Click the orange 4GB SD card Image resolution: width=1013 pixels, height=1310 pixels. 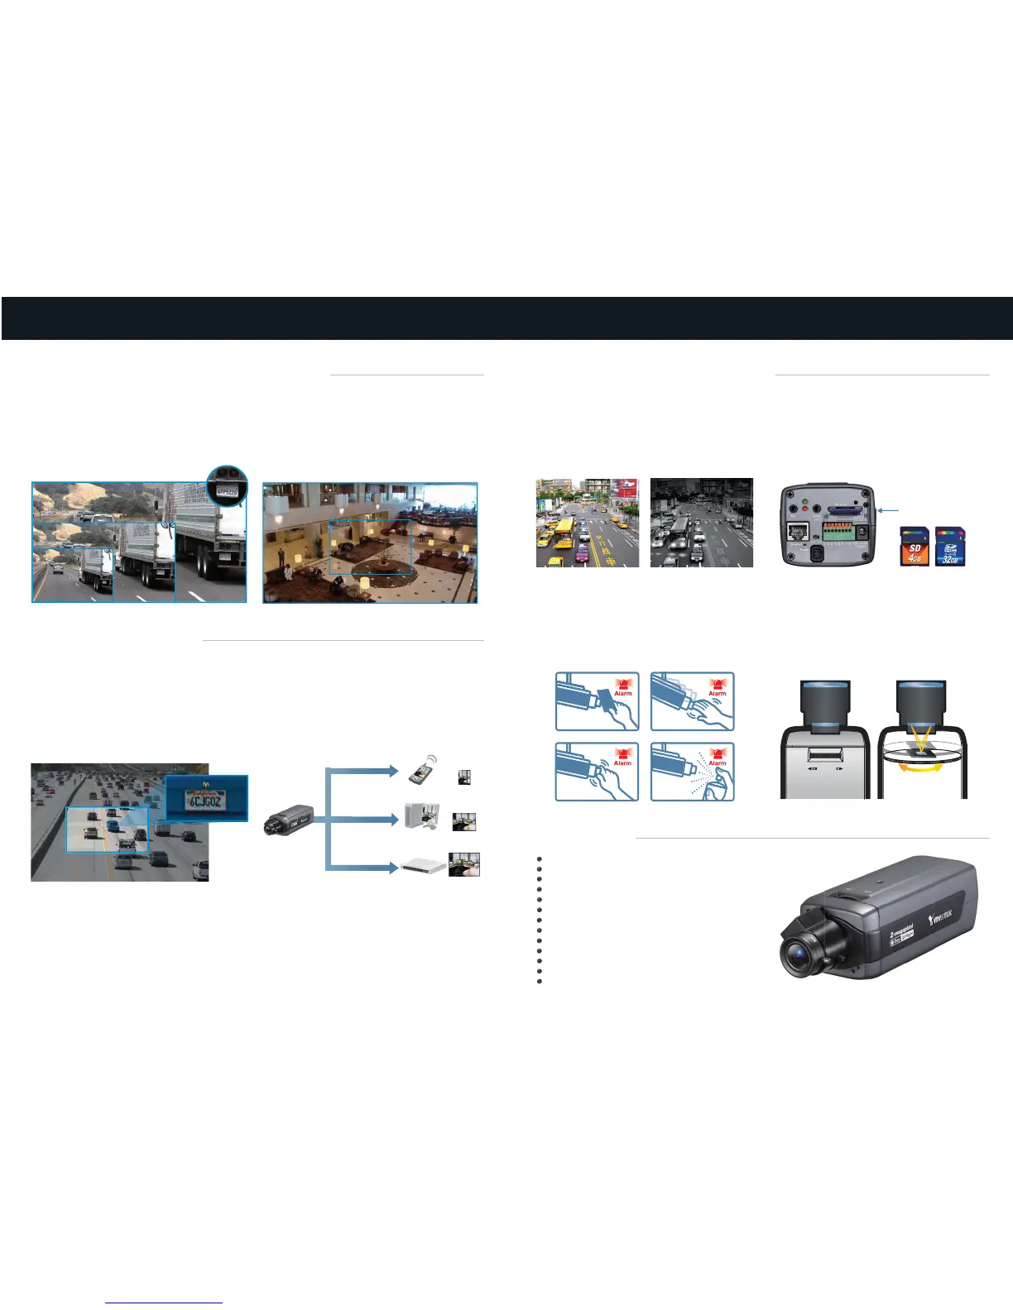point(915,547)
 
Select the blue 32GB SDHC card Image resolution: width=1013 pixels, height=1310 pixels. point(949,547)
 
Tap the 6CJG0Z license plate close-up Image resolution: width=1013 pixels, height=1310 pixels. point(206,798)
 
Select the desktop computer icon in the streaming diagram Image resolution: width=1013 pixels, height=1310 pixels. point(421,817)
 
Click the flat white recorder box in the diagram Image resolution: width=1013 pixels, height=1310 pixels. point(422,866)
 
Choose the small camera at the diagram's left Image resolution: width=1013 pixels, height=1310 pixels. point(289,819)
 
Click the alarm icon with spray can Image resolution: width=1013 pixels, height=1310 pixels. point(693,772)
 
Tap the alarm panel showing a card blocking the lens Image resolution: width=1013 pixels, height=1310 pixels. point(597,701)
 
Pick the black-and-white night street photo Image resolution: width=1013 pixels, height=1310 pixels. point(702,523)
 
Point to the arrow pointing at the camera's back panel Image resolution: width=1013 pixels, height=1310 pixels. point(888,511)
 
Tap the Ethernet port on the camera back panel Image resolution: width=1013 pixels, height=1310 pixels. point(798,533)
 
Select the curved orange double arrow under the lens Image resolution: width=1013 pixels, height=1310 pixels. point(922,768)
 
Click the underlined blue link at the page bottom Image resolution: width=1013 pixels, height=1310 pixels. point(164,1303)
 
